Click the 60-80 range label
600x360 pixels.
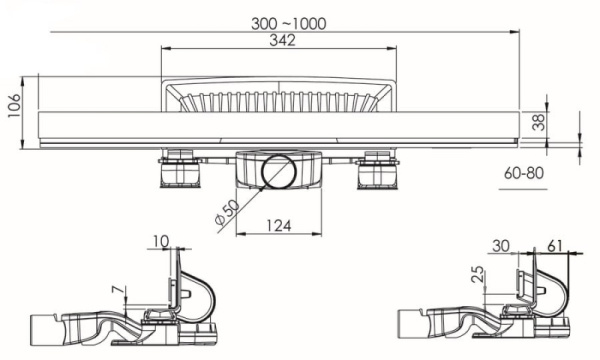(x=523, y=173)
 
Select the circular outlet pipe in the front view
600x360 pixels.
(x=278, y=172)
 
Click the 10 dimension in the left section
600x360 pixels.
(x=162, y=239)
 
